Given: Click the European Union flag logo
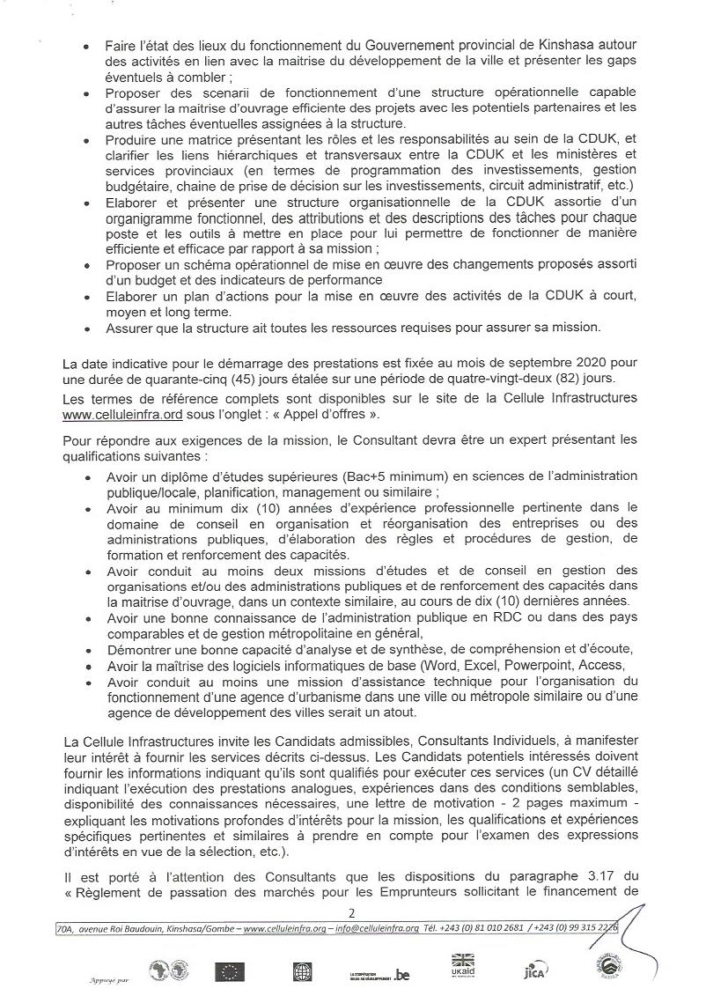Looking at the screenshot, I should tap(232, 971).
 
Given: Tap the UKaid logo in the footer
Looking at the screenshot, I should tap(463, 966).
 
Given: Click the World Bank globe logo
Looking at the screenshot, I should tap(303, 971).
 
